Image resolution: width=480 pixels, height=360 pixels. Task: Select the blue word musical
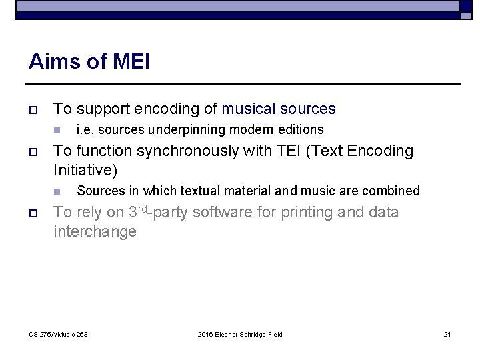click(x=249, y=109)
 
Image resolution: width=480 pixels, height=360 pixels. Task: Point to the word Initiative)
click(x=85, y=170)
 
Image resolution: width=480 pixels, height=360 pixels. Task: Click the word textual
click(x=197, y=191)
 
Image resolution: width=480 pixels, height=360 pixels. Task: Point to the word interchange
click(x=95, y=231)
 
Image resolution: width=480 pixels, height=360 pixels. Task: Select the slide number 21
click(x=447, y=334)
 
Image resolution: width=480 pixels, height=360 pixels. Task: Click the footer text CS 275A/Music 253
click(x=59, y=334)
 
